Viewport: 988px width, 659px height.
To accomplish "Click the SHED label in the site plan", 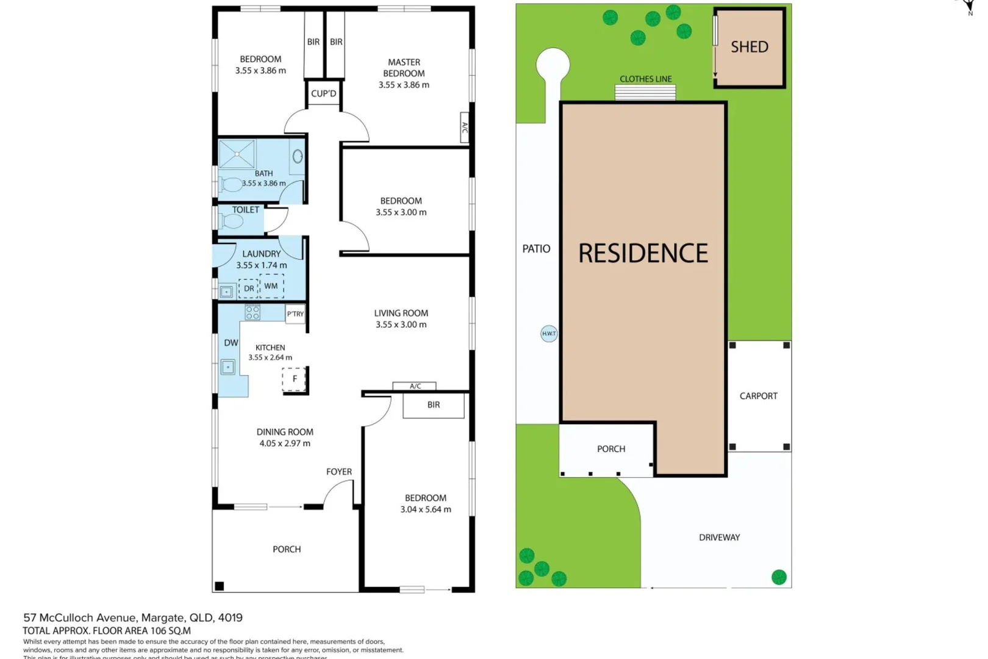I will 749,47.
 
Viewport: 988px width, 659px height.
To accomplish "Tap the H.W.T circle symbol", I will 548,334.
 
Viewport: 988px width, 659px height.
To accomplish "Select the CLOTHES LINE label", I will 645,79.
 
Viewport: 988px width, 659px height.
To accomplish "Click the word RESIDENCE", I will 643,253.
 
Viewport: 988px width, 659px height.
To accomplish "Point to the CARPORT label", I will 758,396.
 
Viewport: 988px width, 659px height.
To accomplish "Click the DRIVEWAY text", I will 719,538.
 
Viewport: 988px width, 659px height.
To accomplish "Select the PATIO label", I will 536,249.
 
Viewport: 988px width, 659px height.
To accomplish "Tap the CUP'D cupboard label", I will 323,93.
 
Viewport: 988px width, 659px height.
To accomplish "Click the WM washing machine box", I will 271,286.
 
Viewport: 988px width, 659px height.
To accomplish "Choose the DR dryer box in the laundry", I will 249,289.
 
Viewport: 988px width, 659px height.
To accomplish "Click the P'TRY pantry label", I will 295,314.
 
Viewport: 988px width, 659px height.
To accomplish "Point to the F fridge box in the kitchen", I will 294,379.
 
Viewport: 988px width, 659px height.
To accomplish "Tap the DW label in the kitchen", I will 231,343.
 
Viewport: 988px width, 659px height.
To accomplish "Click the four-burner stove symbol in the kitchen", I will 252,313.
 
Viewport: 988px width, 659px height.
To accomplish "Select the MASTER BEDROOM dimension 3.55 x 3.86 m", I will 404,85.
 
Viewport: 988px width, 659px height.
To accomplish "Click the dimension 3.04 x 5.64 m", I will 426,510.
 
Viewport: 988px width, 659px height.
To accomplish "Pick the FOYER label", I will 338,472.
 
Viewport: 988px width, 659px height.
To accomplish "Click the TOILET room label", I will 245,210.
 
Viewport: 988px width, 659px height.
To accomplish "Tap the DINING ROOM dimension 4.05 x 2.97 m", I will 285,444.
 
